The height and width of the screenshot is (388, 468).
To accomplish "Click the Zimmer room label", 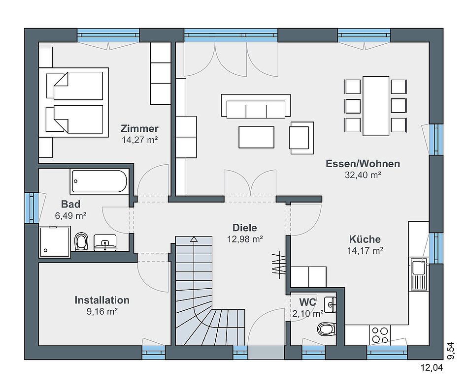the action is [139, 129].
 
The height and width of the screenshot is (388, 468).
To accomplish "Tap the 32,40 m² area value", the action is [363, 175].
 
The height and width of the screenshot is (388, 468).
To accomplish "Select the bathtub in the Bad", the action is [100, 181].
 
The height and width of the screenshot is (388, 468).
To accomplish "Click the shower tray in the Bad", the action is [55, 241].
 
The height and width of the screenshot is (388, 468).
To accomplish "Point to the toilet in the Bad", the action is [81, 241].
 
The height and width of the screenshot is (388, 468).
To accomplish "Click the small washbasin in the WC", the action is [330, 304].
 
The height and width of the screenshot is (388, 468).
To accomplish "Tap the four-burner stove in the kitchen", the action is [380, 335].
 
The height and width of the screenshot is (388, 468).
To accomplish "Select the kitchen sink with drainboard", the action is [419, 274].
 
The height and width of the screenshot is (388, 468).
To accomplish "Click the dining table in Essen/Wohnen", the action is [376, 106].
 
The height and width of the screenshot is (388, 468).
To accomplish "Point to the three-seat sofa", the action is [256, 106].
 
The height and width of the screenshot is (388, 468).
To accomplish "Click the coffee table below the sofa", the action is [256, 137].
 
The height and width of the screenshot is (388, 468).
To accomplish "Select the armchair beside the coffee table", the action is [302, 138].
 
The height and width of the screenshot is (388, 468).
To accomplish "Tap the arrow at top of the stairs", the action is [194, 239].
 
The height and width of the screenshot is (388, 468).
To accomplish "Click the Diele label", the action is [245, 228].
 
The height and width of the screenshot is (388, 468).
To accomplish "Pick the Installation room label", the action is [102, 300].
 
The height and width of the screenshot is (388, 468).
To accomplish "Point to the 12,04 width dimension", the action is [432, 368].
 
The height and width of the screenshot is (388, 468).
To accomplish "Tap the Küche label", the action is [365, 239].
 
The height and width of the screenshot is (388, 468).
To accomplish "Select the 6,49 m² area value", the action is [71, 215].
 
